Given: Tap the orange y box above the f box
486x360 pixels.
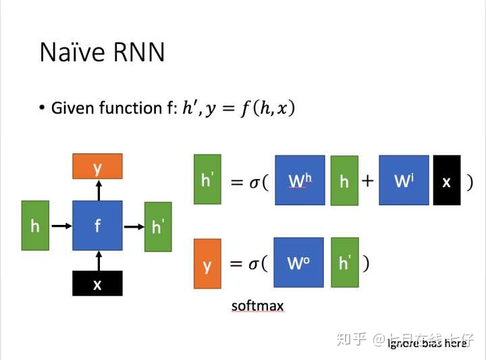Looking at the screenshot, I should tap(97, 166).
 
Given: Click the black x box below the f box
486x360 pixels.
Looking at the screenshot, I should tap(97, 284).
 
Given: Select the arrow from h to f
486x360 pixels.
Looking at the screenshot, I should tap(61, 226).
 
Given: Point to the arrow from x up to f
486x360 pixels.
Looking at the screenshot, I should tap(98, 261).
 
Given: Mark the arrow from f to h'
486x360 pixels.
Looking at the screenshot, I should tap(134, 226).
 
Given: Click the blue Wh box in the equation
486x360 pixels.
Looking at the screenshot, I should tap(300, 180).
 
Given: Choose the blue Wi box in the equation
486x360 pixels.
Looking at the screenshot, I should tap(404, 180).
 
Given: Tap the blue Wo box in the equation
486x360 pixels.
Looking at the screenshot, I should tap(298, 262).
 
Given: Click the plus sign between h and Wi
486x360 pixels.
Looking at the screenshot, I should tap(368, 181).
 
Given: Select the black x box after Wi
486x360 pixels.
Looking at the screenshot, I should tap(446, 180).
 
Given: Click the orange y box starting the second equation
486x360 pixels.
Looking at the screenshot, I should tap(207, 263).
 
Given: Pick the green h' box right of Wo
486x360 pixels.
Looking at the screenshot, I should tap(344, 262).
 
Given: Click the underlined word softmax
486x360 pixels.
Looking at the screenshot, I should tap(257, 306).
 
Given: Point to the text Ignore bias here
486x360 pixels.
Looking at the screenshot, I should tap(427, 343).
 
